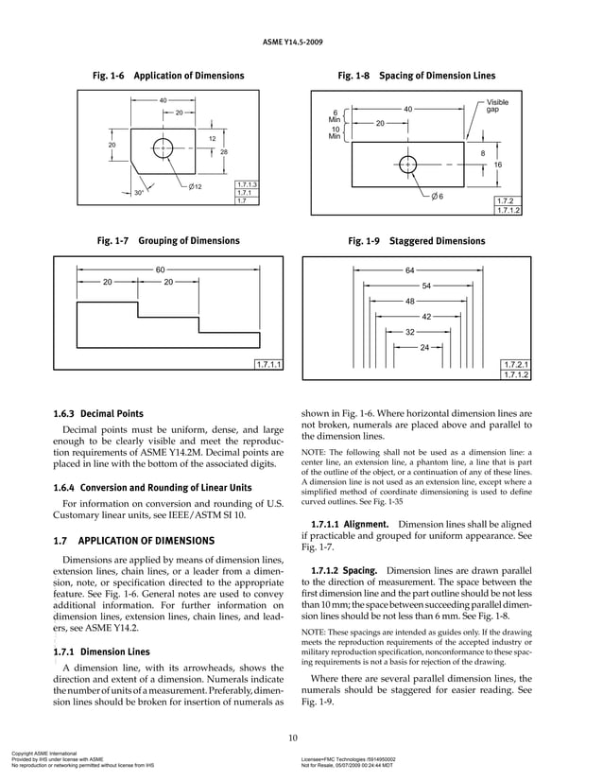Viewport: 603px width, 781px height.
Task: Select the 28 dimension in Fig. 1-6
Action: pos(224,151)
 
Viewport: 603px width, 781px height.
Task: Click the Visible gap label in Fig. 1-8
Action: pos(497,105)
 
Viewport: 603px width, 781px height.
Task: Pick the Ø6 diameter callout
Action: pos(438,196)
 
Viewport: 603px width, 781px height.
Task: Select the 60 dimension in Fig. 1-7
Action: pos(161,269)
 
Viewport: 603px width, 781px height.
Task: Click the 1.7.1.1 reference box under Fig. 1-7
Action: pos(270,365)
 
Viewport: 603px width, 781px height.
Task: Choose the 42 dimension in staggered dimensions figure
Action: pos(426,317)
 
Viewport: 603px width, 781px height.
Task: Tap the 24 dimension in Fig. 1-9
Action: pos(424,347)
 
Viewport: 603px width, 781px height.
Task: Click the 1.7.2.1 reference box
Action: pos(516,364)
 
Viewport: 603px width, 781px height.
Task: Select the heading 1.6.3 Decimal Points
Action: pos(98,413)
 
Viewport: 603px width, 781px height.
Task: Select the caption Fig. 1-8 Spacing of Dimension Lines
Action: pos(416,76)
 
